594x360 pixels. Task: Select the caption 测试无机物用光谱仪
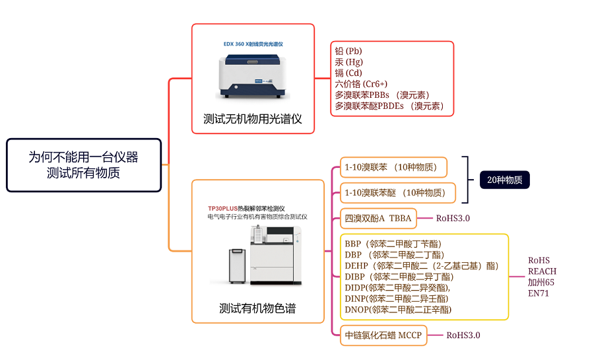pyautogui.click(x=252, y=119)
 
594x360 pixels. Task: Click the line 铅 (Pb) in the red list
pyautogui.click(x=348, y=51)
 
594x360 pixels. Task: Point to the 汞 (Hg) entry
pyautogui.click(x=349, y=62)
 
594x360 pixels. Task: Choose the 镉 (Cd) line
pyautogui.click(x=348, y=73)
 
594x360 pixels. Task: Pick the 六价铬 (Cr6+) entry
pyautogui.click(x=361, y=84)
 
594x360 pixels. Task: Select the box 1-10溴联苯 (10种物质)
pyautogui.click(x=393, y=167)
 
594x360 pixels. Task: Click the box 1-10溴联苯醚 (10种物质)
pyautogui.click(x=398, y=193)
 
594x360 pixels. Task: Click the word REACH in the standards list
pyautogui.click(x=542, y=271)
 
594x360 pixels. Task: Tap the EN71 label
pyautogui.click(x=538, y=293)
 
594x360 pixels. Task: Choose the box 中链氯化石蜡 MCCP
pyautogui.click(x=383, y=335)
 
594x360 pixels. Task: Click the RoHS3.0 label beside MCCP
pyautogui.click(x=463, y=335)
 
